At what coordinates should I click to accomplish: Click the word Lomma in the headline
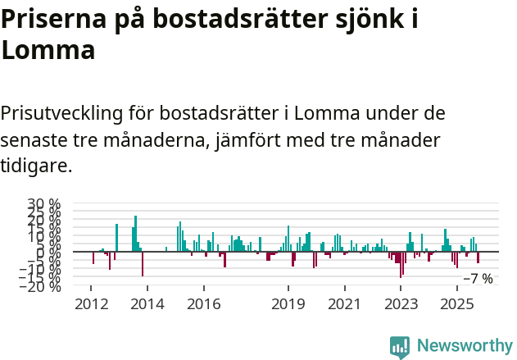48,50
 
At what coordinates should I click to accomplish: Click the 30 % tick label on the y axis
43,204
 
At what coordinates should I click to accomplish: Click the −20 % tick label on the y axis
40,286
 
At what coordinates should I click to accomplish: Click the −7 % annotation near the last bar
478,279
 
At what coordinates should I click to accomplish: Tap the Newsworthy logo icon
400,347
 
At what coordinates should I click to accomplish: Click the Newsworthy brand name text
464,346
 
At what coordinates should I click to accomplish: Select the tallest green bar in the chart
136,234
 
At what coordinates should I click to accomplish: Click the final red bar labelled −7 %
478,257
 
